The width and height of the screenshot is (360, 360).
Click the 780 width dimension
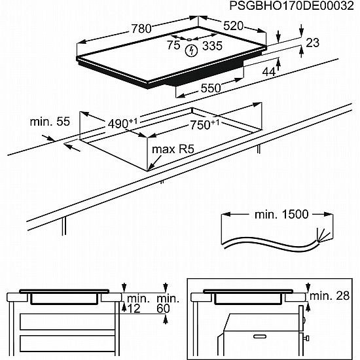point(140,28)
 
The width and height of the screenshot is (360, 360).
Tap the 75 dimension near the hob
point(173,45)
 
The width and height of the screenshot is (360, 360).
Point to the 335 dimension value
point(211,45)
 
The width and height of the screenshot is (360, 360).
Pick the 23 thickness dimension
point(313,43)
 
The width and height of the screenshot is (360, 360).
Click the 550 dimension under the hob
point(210,88)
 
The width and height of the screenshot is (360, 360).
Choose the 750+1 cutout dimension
point(204,124)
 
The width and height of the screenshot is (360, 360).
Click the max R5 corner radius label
point(173,149)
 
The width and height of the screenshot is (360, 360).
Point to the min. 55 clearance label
point(49,122)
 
